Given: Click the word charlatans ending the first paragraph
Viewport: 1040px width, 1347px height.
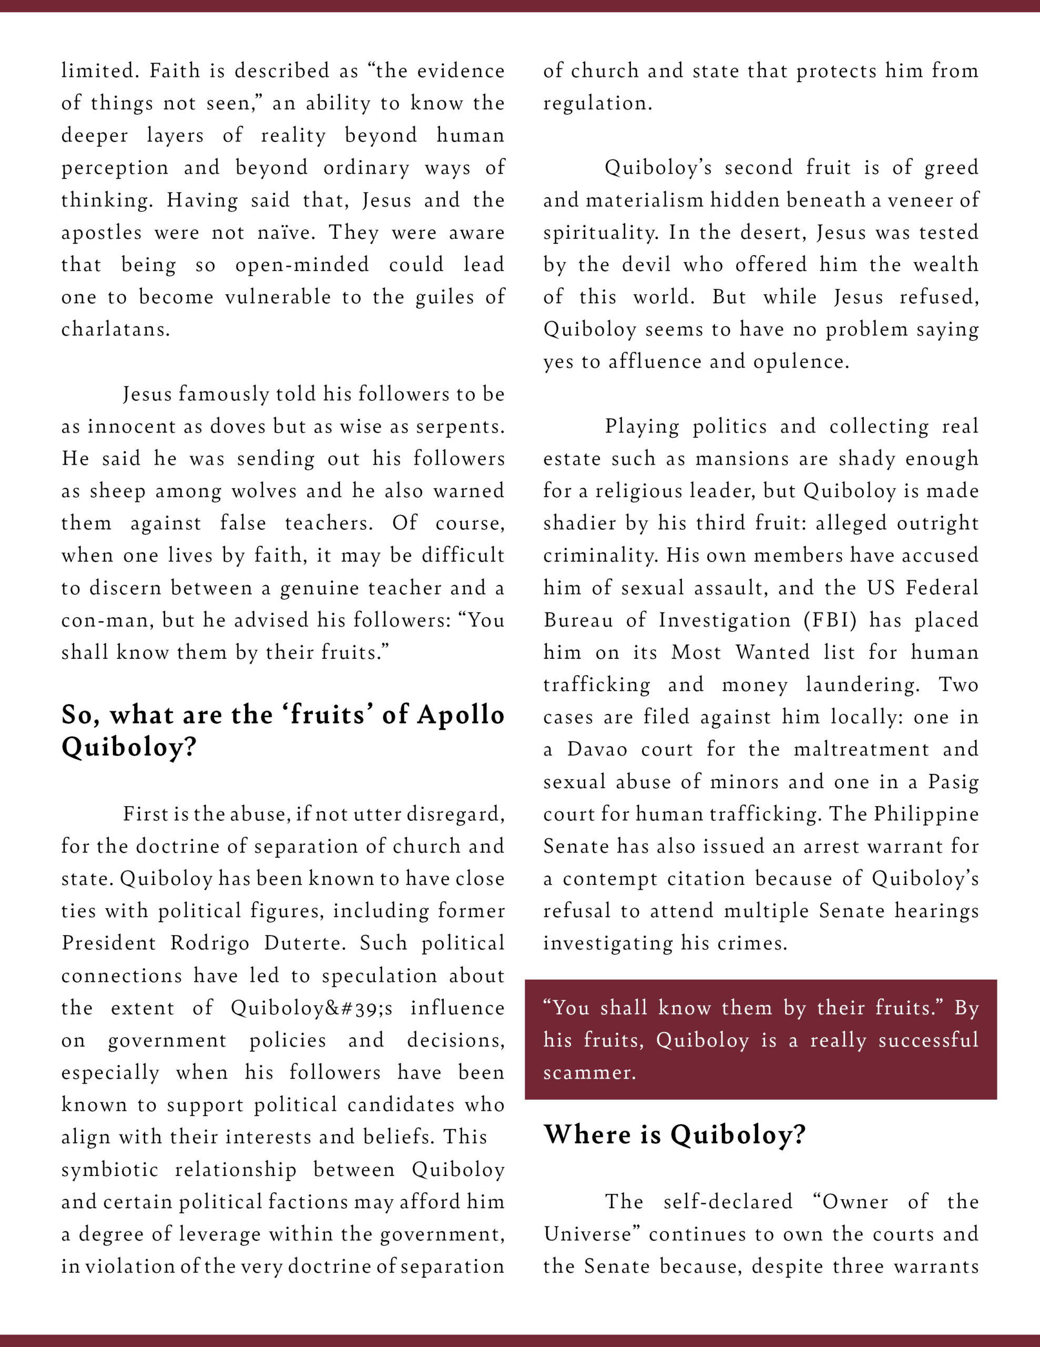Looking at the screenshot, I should coord(115,329).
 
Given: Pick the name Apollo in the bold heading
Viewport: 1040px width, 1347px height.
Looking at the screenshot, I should coord(461,715).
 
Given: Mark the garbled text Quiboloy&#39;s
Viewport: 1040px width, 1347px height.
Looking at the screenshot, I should coord(311,1008).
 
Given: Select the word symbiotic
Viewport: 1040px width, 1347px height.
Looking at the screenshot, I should coord(110,1169).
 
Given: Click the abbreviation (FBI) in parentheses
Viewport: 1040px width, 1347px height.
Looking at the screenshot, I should coord(830,620).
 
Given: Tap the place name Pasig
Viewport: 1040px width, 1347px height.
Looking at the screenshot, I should coord(953,781).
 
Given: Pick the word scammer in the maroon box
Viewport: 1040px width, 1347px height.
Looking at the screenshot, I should coord(589,1072).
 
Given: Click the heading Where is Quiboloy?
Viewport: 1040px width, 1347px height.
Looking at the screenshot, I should coord(675,1134).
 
